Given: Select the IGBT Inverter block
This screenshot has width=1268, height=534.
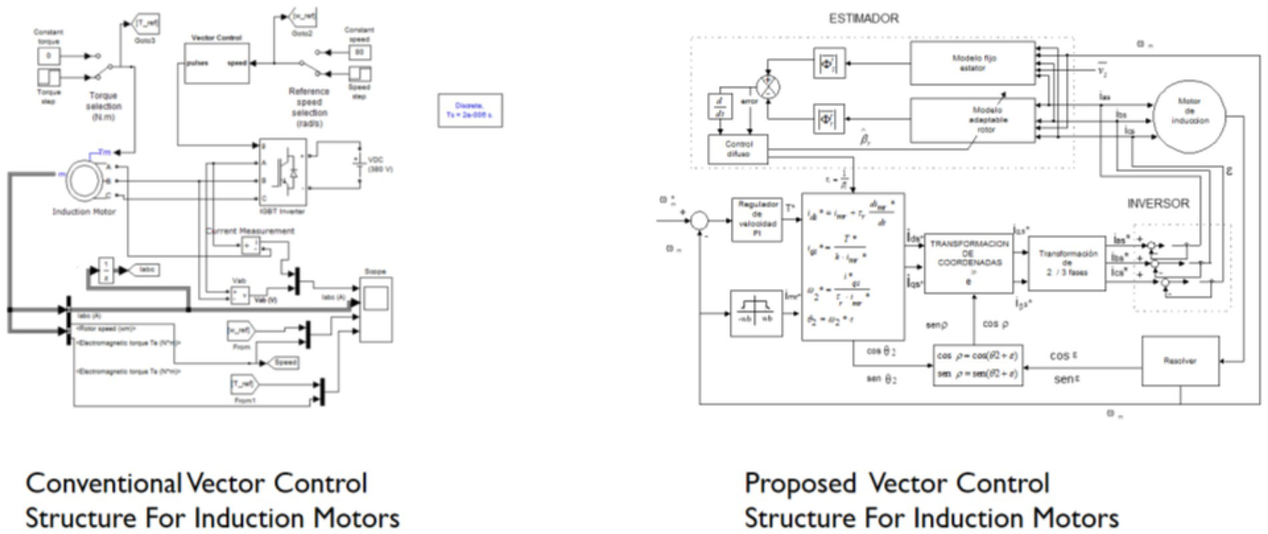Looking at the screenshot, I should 283,172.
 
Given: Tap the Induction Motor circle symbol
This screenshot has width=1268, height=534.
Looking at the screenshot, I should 83,176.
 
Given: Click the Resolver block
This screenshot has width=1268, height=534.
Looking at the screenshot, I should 1180,361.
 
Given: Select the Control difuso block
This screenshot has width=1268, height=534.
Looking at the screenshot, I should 738,150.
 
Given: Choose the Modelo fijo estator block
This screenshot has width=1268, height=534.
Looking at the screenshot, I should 972,64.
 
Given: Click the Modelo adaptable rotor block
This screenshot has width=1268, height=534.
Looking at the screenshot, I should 972,120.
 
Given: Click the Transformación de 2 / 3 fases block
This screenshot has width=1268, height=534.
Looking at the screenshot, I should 1067,263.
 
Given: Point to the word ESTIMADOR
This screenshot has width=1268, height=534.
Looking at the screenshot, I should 864,17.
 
